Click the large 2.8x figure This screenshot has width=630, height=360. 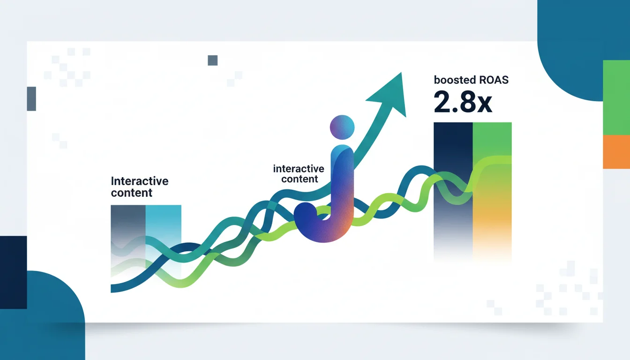pyautogui.click(x=463, y=102)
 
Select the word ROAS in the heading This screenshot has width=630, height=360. pyautogui.click(x=494, y=80)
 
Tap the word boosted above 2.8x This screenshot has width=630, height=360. pyautogui.click(x=455, y=80)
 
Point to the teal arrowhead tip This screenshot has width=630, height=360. pyautogui.click(x=401, y=73)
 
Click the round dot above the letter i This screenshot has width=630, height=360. pyautogui.click(x=342, y=127)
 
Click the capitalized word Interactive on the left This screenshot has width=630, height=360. pyautogui.click(x=140, y=181)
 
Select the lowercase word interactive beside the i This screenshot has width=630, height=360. pyautogui.click(x=299, y=169)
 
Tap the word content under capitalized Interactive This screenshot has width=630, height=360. pyautogui.click(x=132, y=193)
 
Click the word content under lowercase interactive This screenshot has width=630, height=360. pyautogui.click(x=300, y=179)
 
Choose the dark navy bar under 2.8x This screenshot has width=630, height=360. pyautogui.click(x=453, y=191)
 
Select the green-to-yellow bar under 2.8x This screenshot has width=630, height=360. pyautogui.click(x=492, y=191)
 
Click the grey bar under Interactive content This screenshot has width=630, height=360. pyautogui.click(x=128, y=239)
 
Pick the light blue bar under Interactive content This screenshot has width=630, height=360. pyautogui.click(x=164, y=239)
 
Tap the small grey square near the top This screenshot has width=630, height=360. pyautogui.click(x=213, y=60)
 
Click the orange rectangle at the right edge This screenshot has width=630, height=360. pyautogui.click(x=616, y=152)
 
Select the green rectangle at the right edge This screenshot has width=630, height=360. pyautogui.click(x=616, y=97)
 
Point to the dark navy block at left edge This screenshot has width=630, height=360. pyautogui.click(x=14, y=272)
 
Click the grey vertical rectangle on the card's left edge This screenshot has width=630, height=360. pyautogui.click(x=31, y=99)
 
